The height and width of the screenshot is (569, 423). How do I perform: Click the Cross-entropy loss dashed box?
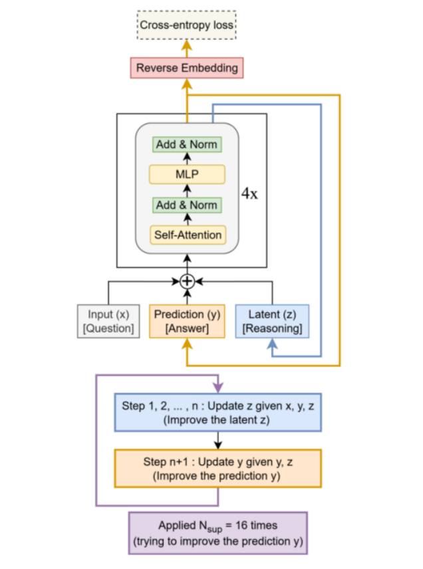coord(187,26)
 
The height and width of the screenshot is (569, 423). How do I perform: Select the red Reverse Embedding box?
coord(187,68)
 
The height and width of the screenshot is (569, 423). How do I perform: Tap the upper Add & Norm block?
coord(187,144)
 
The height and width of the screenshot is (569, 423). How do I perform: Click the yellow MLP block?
coord(187,175)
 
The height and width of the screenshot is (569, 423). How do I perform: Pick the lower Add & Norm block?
coord(187,205)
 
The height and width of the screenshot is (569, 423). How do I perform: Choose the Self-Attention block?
coord(187,235)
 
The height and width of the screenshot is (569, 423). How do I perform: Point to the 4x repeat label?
coord(249,195)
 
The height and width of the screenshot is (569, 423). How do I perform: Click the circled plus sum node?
coord(187,281)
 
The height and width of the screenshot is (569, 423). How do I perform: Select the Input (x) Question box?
coord(109,320)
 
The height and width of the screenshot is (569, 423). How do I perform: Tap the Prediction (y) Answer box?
coord(187,320)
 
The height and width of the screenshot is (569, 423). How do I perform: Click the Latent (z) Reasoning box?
coord(273,320)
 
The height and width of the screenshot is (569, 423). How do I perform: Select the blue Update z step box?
coord(218,413)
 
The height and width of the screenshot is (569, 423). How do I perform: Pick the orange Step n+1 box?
coord(218,468)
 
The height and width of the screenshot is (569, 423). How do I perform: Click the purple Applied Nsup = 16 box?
coord(218,533)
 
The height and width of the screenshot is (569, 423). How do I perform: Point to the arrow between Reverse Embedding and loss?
coord(187,47)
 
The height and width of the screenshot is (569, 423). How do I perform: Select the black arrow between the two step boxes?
coord(218,439)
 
